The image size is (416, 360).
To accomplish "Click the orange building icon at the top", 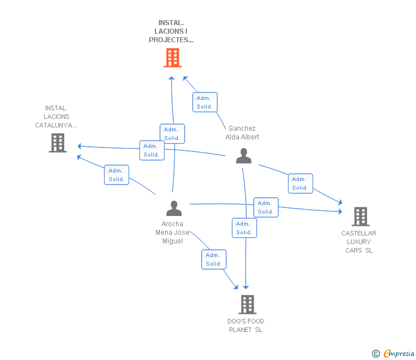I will pyautogui.click(x=173, y=58).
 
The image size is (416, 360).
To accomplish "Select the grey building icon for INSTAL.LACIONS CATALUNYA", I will pyautogui.click(x=58, y=143).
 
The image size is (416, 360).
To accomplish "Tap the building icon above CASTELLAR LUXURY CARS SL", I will pyautogui.click(x=360, y=217).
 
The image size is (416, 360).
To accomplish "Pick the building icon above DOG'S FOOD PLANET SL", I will pyautogui.click(x=247, y=305).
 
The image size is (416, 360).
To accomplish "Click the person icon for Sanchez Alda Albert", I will pyautogui.click(x=244, y=156).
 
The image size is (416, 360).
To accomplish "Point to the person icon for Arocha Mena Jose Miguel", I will pyautogui.click(x=174, y=209).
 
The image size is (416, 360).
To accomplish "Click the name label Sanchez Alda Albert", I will pyautogui.click(x=242, y=133).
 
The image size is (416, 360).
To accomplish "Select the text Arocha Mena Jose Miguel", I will pyautogui.click(x=172, y=233).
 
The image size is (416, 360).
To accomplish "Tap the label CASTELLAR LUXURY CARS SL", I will pyautogui.click(x=359, y=242).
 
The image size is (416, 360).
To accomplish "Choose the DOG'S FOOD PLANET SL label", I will pyautogui.click(x=246, y=325).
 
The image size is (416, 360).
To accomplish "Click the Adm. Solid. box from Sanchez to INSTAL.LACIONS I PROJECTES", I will pyautogui.click(x=205, y=102).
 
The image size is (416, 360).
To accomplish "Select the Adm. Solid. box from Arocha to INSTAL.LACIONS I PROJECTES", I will pyautogui.click(x=172, y=134).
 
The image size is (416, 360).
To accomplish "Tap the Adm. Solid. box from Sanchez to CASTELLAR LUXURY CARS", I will pyautogui.click(x=300, y=183).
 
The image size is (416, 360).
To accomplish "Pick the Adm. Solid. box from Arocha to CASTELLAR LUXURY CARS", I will pyautogui.click(x=266, y=207).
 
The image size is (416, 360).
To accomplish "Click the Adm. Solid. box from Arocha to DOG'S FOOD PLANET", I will pyautogui.click(x=214, y=259).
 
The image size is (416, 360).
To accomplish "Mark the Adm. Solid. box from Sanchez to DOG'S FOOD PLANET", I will pyautogui.click(x=244, y=228).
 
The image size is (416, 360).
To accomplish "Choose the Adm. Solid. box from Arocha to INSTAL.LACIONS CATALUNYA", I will pyautogui.click(x=117, y=175).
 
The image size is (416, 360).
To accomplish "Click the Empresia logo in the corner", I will pyautogui.click(x=394, y=353).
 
